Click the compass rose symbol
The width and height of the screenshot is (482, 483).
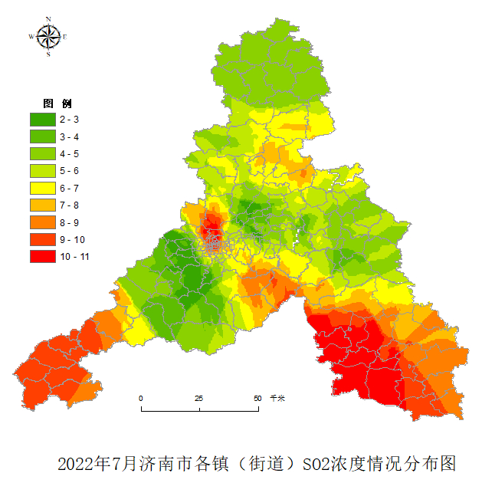click(48, 35)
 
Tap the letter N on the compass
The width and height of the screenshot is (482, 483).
click(48, 18)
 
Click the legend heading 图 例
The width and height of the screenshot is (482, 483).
click(57, 103)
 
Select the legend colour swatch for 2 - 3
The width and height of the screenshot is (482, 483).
click(42, 120)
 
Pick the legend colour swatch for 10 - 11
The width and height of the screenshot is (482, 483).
click(42, 257)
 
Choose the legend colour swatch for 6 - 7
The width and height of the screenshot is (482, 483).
click(42, 188)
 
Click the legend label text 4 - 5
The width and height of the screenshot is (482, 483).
click(69, 153)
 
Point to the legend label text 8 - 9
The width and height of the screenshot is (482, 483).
click(69, 222)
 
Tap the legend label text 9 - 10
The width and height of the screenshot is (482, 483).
click(71, 239)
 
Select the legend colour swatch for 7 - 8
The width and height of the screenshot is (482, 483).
click(42, 205)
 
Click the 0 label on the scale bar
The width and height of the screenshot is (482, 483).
click(141, 399)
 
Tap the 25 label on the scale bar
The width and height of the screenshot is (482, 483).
click(198, 399)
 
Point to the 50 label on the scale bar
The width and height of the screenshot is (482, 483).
click(257, 399)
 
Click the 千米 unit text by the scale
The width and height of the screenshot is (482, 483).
click(277, 399)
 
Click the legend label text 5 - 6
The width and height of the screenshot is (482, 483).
click(69, 171)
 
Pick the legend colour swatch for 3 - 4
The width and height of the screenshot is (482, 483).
click(42, 136)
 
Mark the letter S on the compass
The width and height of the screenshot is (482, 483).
click(48, 54)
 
